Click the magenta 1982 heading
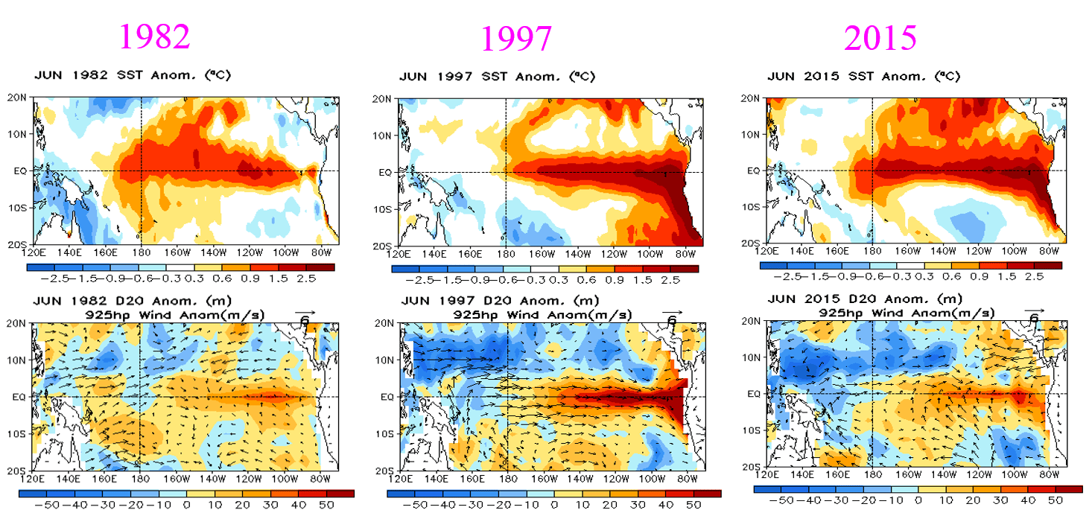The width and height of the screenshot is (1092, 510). (154, 37)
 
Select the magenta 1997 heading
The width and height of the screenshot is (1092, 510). (516, 39)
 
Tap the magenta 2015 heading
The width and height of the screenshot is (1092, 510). (880, 37)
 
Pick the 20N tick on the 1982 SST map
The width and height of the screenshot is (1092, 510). (16, 98)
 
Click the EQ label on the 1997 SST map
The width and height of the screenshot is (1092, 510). (385, 173)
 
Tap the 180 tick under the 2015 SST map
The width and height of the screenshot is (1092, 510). (872, 251)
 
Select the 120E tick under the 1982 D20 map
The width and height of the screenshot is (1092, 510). (33, 479)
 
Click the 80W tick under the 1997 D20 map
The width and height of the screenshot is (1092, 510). (688, 479)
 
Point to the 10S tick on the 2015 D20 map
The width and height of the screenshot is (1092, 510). (752, 430)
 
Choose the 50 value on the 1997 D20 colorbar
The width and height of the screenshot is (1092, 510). (693, 505)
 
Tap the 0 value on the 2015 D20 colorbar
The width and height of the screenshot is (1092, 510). (918, 500)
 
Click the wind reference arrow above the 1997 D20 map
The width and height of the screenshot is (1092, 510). (673, 312)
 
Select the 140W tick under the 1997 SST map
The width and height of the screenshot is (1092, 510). (578, 254)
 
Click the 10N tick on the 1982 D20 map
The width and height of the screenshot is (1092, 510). (16, 360)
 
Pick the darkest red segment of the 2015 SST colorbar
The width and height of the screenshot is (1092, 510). (1048, 266)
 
